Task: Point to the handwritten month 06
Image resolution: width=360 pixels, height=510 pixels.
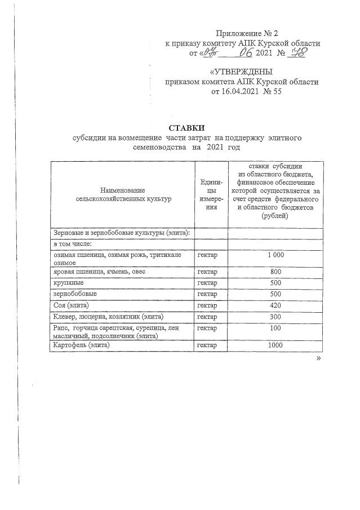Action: pos(246,54)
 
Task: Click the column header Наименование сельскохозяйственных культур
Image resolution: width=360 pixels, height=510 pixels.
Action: pos(123,194)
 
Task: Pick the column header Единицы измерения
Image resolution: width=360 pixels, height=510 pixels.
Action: pos(211,195)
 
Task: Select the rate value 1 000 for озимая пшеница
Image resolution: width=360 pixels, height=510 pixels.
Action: pos(275,255)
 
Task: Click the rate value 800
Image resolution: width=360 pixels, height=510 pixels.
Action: pos(275,272)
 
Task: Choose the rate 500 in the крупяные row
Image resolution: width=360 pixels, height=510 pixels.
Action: pos(275,283)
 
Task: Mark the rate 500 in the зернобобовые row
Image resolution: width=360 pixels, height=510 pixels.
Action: pos(275,294)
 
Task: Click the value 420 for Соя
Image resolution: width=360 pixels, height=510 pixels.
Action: pos(275,305)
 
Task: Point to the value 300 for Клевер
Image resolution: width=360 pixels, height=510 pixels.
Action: pos(275,317)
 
